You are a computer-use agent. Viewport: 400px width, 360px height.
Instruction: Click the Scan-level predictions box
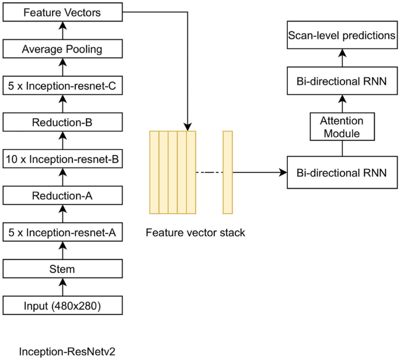pos(342,36)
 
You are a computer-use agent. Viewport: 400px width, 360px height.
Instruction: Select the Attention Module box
pos(342,127)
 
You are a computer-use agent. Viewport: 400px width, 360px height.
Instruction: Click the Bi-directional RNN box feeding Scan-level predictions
pos(342,82)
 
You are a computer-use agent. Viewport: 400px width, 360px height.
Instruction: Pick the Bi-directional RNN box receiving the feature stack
pos(342,173)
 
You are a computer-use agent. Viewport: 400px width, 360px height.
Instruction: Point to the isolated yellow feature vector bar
pos(227,172)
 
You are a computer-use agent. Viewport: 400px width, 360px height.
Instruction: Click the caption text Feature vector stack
pos(195,233)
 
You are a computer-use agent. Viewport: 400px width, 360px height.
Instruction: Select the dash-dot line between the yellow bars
pos(208,173)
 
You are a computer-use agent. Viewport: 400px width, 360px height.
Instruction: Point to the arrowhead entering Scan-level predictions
pos(342,53)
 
